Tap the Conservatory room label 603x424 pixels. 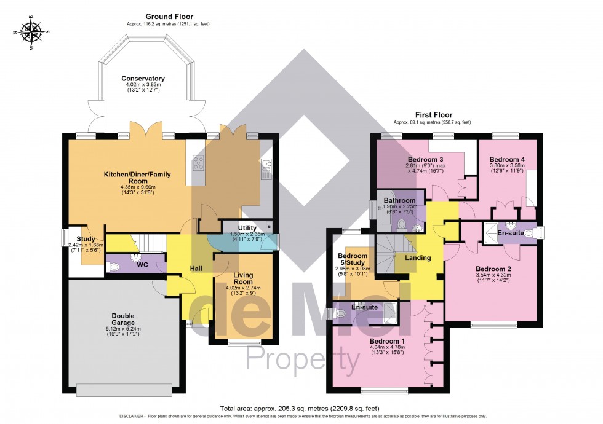pyautogui.click(x=143, y=79)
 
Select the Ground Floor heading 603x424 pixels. pyautogui.click(x=169, y=17)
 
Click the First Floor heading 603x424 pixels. pyautogui.click(x=434, y=115)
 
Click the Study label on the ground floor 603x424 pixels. pyautogui.click(x=86, y=239)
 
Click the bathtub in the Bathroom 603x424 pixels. pyautogui.click(x=377, y=213)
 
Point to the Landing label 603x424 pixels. pyautogui.click(x=418, y=257)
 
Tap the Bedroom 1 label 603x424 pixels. pyautogui.click(x=387, y=341)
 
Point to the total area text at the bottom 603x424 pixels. pyautogui.click(x=301, y=408)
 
